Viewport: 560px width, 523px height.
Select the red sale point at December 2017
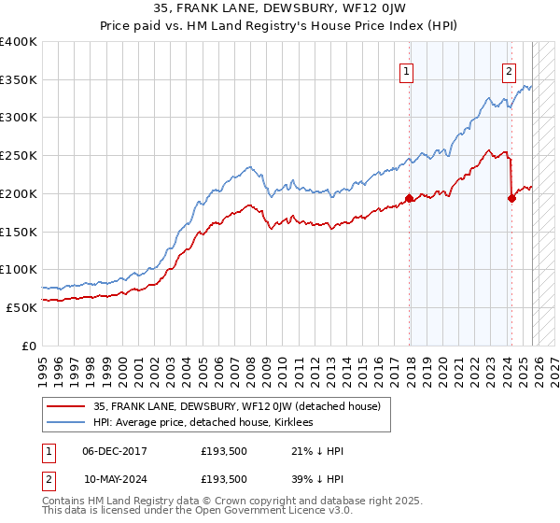[409, 198]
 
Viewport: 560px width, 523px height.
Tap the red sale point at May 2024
[511, 198]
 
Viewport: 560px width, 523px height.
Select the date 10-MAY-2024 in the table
[115, 479]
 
